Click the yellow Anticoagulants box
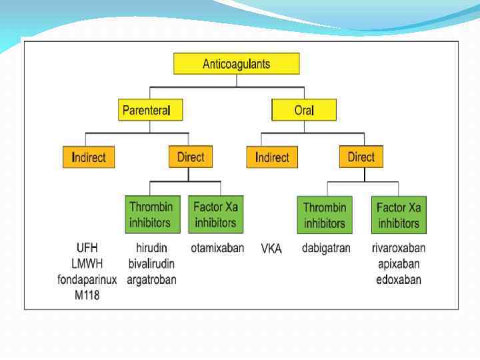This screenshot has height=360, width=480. click(x=236, y=64)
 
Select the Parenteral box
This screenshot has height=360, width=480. click(x=150, y=110)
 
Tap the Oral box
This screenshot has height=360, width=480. click(x=303, y=110)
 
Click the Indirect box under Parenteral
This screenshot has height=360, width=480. click(x=89, y=157)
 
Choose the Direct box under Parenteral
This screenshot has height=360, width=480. click(x=190, y=157)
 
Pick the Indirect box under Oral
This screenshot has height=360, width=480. click(x=272, y=157)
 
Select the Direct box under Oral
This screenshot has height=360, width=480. click(x=361, y=157)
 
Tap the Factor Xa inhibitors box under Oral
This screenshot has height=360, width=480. click(x=398, y=214)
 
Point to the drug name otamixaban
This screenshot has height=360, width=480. click(x=217, y=248)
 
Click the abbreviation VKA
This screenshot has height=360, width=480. click(x=271, y=249)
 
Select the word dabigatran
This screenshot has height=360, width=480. click(x=326, y=248)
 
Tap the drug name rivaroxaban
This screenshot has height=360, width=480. click(x=399, y=248)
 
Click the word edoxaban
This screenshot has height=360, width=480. click(x=399, y=280)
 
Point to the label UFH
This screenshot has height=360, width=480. click(x=87, y=248)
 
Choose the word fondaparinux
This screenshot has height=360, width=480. click(x=87, y=280)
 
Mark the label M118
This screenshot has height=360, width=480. click(x=87, y=295)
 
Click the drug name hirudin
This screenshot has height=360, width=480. click(x=151, y=248)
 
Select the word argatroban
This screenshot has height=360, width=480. click(x=151, y=280)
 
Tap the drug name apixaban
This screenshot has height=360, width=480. click(x=399, y=264)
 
